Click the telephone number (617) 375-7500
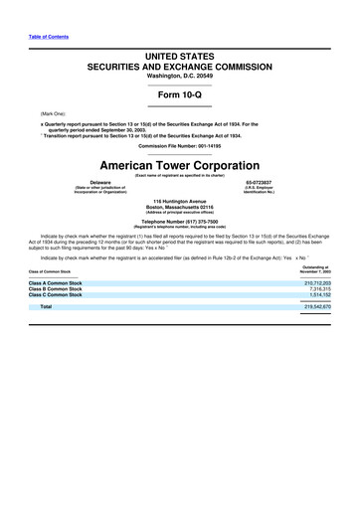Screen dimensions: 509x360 179,222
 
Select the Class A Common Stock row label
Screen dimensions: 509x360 56,283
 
